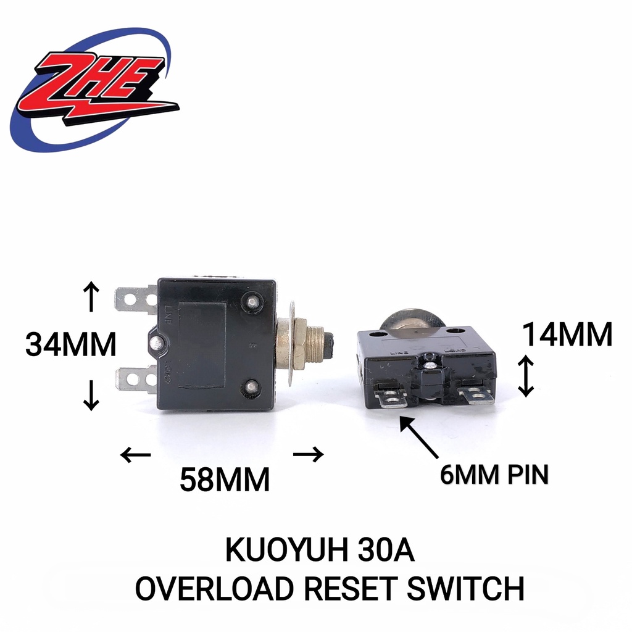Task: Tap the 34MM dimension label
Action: point(71,344)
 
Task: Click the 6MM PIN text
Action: point(494,475)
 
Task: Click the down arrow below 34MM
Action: point(91,395)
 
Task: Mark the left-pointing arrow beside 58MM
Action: point(136,455)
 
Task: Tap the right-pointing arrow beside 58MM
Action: point(308,455)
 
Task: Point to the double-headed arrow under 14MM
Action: point(525,376)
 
